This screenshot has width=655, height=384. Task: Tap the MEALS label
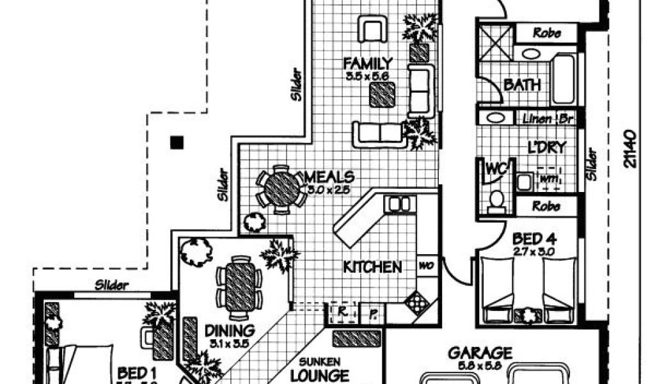pyautogui.click(x=330, y=176)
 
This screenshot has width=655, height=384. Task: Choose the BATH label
pyautogui.click(x=522, y=84)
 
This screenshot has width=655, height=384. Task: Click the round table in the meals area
pyautogui.click(x=282, y=188)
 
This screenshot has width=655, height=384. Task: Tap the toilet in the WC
pyautogui.click(x=496, y=200)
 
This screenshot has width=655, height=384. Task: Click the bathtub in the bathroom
pyautogui.click(x=564, y=79)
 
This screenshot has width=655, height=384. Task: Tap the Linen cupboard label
pyautogui.click(x=536, y=118)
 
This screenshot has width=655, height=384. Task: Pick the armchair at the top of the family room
pyautogui.click(x=373, y=30)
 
